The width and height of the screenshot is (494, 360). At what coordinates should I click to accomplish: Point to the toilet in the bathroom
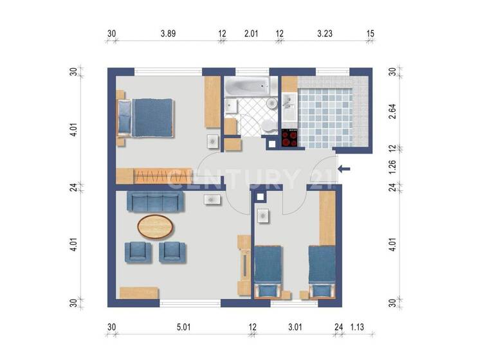[265, 126]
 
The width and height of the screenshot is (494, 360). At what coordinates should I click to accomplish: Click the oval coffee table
[155, 226]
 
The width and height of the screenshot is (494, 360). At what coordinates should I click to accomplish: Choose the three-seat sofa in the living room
[156, 202]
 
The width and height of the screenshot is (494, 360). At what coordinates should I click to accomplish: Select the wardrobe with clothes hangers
[154, 174]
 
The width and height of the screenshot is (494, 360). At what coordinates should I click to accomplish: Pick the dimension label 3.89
[168, 34]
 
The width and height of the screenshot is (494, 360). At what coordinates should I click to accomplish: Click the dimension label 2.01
[250, 34]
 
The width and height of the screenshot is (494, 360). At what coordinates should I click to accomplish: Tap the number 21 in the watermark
[321, 177]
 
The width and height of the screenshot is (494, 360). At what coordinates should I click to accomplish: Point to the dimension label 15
[370, 34]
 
